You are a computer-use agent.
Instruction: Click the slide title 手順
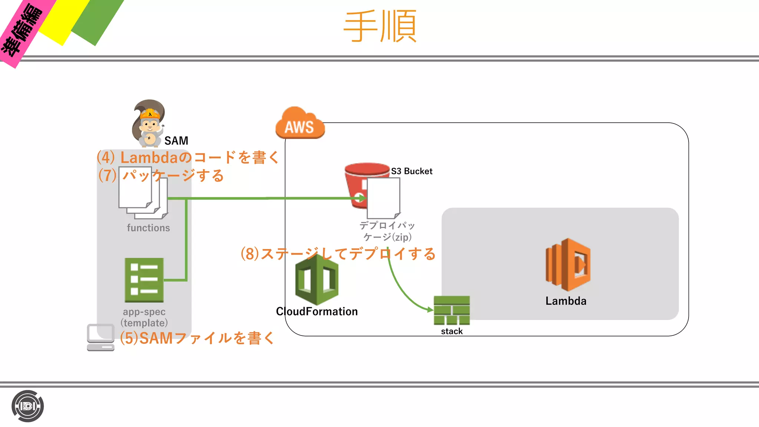point(380,27)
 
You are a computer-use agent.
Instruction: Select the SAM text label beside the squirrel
point(176,141)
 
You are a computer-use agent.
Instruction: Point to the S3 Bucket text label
point(411,171)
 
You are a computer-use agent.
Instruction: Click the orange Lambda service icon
point(567,265)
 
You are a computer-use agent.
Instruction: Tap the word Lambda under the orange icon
point(566,301)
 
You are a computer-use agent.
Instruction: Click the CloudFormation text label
point(317,312)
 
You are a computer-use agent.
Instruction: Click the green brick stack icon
point(451,310)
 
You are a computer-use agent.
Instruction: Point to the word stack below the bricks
point(451,331)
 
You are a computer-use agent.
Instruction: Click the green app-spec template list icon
point(144,280)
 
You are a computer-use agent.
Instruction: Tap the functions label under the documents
point(148,228)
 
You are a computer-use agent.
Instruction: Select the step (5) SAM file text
point(197,338)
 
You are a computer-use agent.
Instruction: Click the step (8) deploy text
point(338,254)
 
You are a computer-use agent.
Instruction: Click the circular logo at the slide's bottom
point(27,406)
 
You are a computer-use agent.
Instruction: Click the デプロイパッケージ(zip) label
point(387,231)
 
